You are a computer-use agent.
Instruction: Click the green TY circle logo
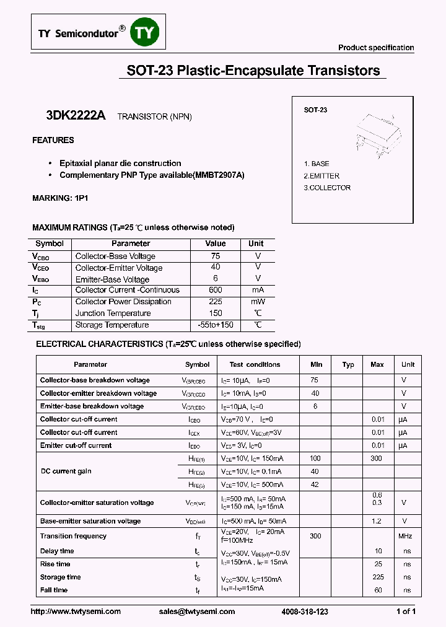(143, 33)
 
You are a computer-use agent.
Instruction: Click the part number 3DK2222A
(76, 116)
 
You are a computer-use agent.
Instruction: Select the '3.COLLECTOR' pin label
(327, 188)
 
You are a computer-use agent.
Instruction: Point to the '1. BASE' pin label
(317, 164)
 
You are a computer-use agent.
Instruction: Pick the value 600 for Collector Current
(215, 290)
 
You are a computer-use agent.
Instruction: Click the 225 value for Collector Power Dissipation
(215, 302)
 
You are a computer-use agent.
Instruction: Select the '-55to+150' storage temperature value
(215, 325)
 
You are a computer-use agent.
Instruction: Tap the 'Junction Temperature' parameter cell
(113, 313)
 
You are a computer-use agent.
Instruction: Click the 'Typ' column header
(348, 365)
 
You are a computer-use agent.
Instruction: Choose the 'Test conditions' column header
(255, 365)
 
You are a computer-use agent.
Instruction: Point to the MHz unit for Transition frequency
(406, 536)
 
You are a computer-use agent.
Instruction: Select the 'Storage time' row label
(61, 577)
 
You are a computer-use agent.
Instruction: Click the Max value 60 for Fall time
(378, 590)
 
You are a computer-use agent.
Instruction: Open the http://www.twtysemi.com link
(76, 612)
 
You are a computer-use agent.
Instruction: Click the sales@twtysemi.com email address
(197, 612)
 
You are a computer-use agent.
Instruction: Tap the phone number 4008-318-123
(305, 612)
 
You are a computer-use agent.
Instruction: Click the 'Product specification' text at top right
(376, 48)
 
